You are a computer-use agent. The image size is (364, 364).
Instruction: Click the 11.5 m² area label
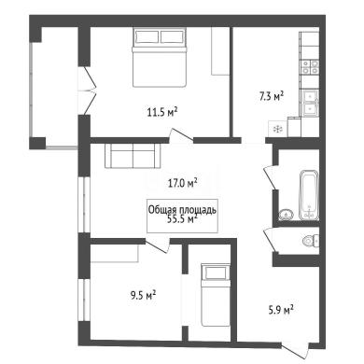click(162, 112)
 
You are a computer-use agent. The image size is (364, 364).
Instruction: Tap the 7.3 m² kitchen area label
click(272, 96)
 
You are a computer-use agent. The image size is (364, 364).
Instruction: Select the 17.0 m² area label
click(183, 183)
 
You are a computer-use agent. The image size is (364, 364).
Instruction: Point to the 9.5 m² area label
click(143, 295)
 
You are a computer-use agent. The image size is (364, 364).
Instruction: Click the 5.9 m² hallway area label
click(281, 310)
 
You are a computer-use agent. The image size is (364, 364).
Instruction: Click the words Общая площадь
click(182, 210)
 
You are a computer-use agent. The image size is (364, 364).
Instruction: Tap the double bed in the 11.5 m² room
click(160, 57)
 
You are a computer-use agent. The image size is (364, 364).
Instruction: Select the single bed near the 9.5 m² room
click(216, 295)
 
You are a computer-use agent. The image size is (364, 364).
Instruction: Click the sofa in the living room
click(133, 156)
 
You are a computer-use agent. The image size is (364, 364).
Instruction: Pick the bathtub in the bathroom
click(308, 195)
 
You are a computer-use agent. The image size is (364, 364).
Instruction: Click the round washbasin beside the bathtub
click(287, 215)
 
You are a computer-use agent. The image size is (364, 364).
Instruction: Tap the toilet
click(310, 241)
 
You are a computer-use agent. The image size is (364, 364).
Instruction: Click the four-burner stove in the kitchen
click(310, 67)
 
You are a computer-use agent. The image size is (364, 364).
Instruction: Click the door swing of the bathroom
click(270, 176)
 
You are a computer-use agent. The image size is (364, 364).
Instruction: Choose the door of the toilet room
click(269, 240)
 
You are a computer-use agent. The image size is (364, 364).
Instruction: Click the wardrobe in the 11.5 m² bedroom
click(220, 51)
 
